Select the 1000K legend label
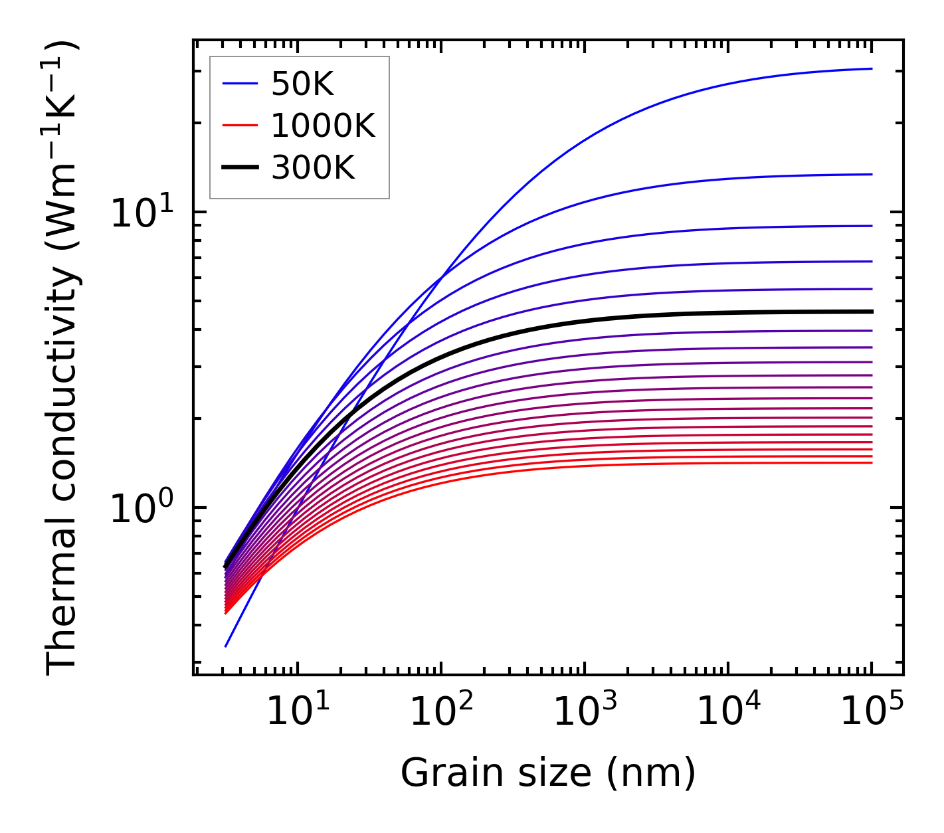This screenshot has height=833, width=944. [323, 126]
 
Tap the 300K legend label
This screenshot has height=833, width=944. [313, 168]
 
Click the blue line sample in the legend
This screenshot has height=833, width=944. [240, 84]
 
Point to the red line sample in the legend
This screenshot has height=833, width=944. [240, 126]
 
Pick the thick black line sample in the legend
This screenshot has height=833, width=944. [240, 168]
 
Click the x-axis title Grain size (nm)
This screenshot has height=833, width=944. [548, 773]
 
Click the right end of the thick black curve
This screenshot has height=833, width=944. [871, 312]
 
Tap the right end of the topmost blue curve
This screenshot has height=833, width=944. [871, 68]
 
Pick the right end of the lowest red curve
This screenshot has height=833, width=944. [871, 462]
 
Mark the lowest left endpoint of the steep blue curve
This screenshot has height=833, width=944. [226, 646]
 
